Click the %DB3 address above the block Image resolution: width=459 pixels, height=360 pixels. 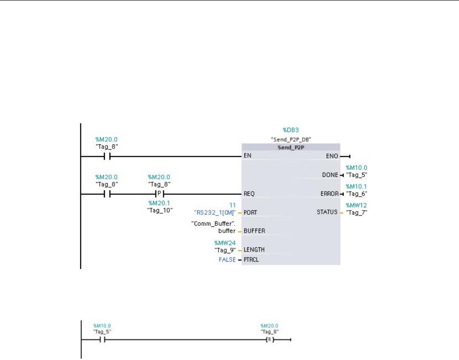coord(290,131)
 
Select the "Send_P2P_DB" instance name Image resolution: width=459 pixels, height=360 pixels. coord(290,139)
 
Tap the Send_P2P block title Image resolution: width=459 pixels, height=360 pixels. coord(290,147)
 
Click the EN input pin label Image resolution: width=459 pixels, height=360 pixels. coord(247,156)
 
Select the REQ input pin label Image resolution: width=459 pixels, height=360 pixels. coord(249,194)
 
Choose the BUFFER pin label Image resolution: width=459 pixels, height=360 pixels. coord(253,230)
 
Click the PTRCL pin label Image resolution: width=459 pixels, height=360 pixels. coord(252,260)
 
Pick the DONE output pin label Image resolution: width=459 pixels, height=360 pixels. coord(331,175)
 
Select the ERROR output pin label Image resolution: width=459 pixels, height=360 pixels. coord(329,194)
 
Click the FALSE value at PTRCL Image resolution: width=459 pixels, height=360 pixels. coord(228,260)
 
